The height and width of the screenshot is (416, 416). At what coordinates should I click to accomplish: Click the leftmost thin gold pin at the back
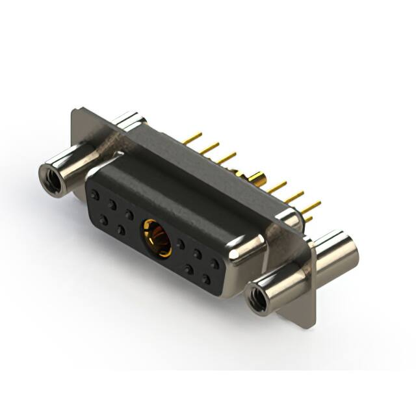click(192, 138)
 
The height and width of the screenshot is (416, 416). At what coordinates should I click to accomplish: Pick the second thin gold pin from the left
click(209, 148)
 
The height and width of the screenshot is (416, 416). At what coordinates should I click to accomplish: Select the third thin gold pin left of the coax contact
click(226, 158)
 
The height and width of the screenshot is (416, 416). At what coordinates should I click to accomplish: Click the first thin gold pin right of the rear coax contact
click(276, 188)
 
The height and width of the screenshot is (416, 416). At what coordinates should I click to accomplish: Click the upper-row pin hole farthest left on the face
click(96, 194)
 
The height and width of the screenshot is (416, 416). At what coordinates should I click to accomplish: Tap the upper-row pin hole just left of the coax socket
click(129, 214)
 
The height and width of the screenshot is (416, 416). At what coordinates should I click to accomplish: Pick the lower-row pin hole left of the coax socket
click(122, 229)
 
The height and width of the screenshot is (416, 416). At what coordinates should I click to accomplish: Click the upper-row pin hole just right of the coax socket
click(181, 244)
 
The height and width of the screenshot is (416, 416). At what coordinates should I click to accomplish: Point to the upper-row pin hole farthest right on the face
click(214, 264)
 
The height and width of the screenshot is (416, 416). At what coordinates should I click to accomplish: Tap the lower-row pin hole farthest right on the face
click(206, 279)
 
